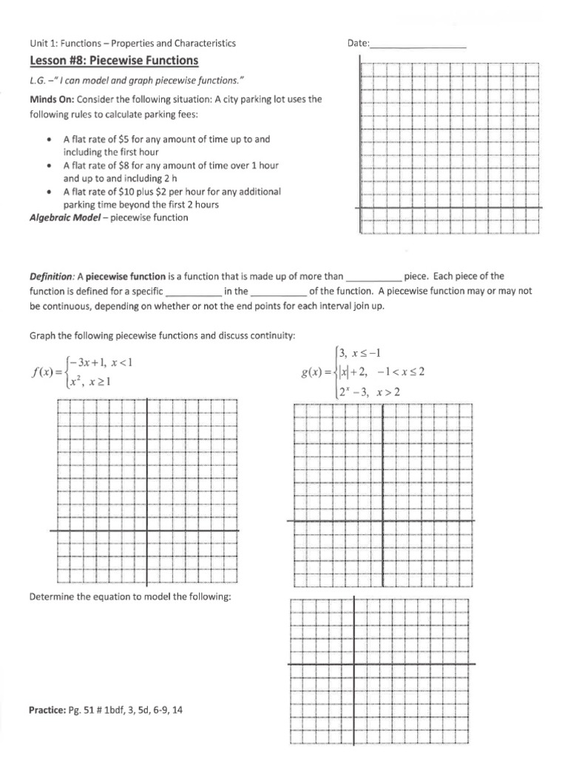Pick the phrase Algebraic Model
point(62,218)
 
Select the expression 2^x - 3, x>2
point(369,392)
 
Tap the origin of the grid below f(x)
point(146,531)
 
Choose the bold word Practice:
point(49,710)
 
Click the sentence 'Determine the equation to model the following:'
point(130,597)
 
